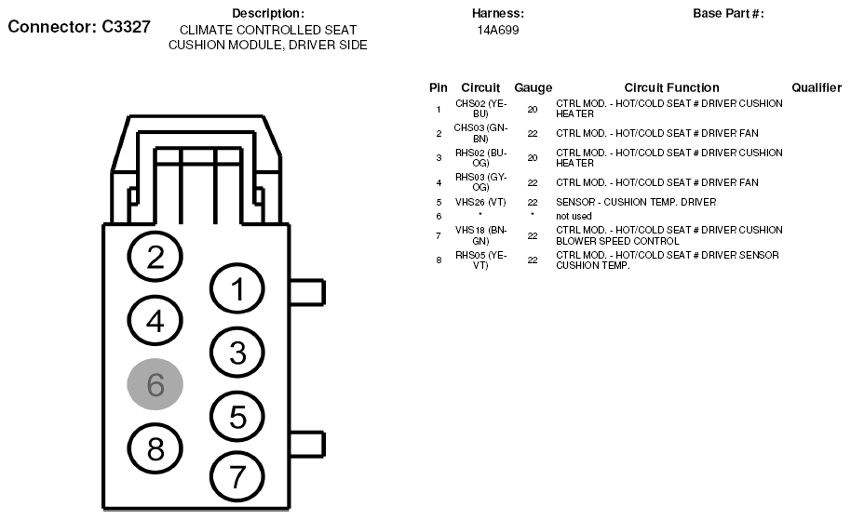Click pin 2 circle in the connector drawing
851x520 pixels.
coord(155,258)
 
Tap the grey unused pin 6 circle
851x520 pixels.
coord(155,384)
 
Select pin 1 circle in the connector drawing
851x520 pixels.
coord(237,290)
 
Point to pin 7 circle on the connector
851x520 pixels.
coord(237,477)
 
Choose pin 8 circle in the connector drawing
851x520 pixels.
coord(155,449)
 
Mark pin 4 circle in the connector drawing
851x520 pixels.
coord(155,321)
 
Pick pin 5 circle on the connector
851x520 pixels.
coord(237,417)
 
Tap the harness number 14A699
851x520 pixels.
coord(497,30)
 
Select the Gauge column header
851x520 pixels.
coord(533,87)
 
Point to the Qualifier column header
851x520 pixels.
coord(817,87)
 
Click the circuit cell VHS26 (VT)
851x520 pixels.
coord(480,202)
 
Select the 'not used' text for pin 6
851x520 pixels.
coord(574,216)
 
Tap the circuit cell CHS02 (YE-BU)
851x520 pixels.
coord(480,108)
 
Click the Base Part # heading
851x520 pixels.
coord(728,13)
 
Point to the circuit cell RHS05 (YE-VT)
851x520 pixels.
coord(480,260)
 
